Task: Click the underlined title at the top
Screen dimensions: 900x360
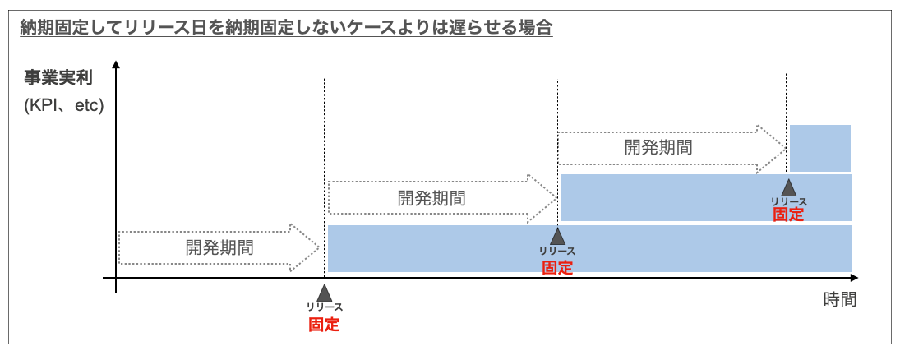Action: (286, 28)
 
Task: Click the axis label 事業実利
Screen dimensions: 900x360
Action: (58, 80)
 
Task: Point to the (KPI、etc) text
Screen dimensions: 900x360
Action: (63, 106)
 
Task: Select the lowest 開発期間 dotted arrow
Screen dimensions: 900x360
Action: (219, 247)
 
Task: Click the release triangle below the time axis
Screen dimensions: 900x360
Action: (324, 293)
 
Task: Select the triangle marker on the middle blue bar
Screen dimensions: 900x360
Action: (788, 187)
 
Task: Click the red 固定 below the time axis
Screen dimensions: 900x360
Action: (324, 324)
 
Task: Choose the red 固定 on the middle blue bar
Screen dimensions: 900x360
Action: (788, 215)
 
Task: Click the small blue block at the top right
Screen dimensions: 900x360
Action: (820, 148)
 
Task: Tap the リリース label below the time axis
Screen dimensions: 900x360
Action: (324, 307)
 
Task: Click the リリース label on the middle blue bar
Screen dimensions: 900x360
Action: (788, 201)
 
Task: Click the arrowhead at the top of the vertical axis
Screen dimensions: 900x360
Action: (118, 66)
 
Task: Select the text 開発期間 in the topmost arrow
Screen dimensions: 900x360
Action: (658, 148)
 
